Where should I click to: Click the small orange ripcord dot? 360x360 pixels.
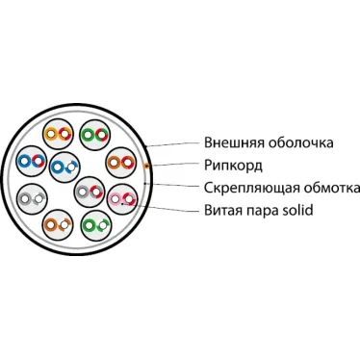[144, 166]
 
